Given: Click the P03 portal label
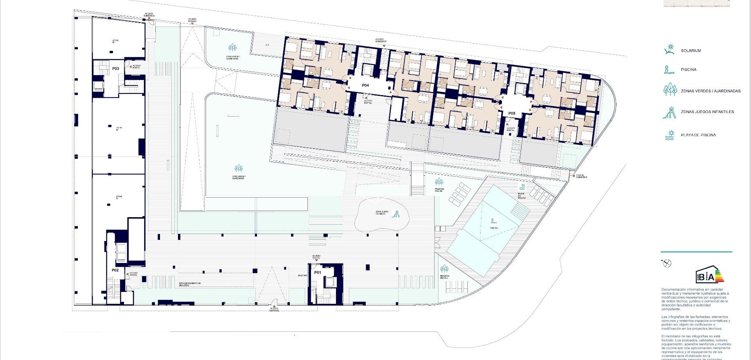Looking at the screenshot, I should [x=115, y=68].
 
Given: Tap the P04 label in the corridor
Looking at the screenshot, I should [x=365, y=85].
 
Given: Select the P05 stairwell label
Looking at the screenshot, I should [x=512, y=113].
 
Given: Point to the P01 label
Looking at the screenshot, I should [x=317, y=273].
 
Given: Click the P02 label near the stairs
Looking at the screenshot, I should [x=115, y=270].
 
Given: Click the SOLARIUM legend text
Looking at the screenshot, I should [x=691, y=51].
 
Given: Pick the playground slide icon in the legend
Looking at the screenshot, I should [x=669, y=112].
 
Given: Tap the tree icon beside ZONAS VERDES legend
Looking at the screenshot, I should [x=670, y=90].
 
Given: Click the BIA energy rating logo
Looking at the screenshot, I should [x=709, y=275].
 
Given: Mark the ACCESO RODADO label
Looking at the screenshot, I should [x=192, y=20].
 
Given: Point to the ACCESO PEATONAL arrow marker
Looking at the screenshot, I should [x=274, y=306].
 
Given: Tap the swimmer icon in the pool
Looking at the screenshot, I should [x=494, y=221].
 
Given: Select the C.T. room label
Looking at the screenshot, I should [x=267, y=45].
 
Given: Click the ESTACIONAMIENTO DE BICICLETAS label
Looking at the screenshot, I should [x=190, y=284].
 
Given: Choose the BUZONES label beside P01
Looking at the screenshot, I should [x=302, y=275].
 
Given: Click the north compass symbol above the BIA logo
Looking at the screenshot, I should [x=667, y=263].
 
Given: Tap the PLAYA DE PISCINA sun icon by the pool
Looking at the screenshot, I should [x=522, y=186].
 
